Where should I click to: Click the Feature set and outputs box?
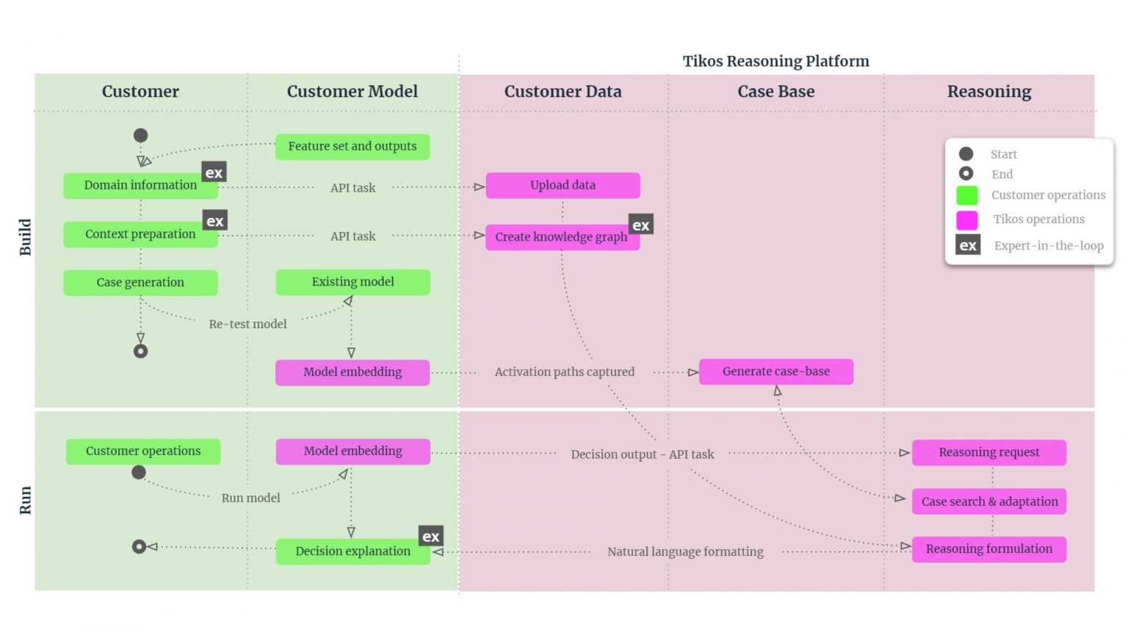[x=352, y=147]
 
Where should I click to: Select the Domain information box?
[x=140, y=186]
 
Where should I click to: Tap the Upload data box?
[x=563, y=186]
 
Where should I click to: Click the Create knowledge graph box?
[x=562, y=237]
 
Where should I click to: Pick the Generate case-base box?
[x=775, y=371]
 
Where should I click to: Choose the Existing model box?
[x=352, y=282]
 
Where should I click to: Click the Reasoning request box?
[x=988, y=452]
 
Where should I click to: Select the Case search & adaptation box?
[x=988, y=501]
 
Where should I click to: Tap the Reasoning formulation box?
[x=988, y=549]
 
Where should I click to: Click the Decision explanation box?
[x=352, y=551]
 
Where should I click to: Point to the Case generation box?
[x=140, y=283]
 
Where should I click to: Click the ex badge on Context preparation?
[x=214, y=220]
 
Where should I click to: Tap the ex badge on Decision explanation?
[x=431, y=536]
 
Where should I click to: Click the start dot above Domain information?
[x=140, y=135]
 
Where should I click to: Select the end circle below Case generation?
[x=140, y=351]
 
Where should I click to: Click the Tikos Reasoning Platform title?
[x=775, y=61]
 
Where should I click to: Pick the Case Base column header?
[x=775, y=92]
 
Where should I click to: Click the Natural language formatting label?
[x=685, y=551]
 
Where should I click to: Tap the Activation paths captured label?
[x=564, y=372]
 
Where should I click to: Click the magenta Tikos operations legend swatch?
[x=966, y=219]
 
